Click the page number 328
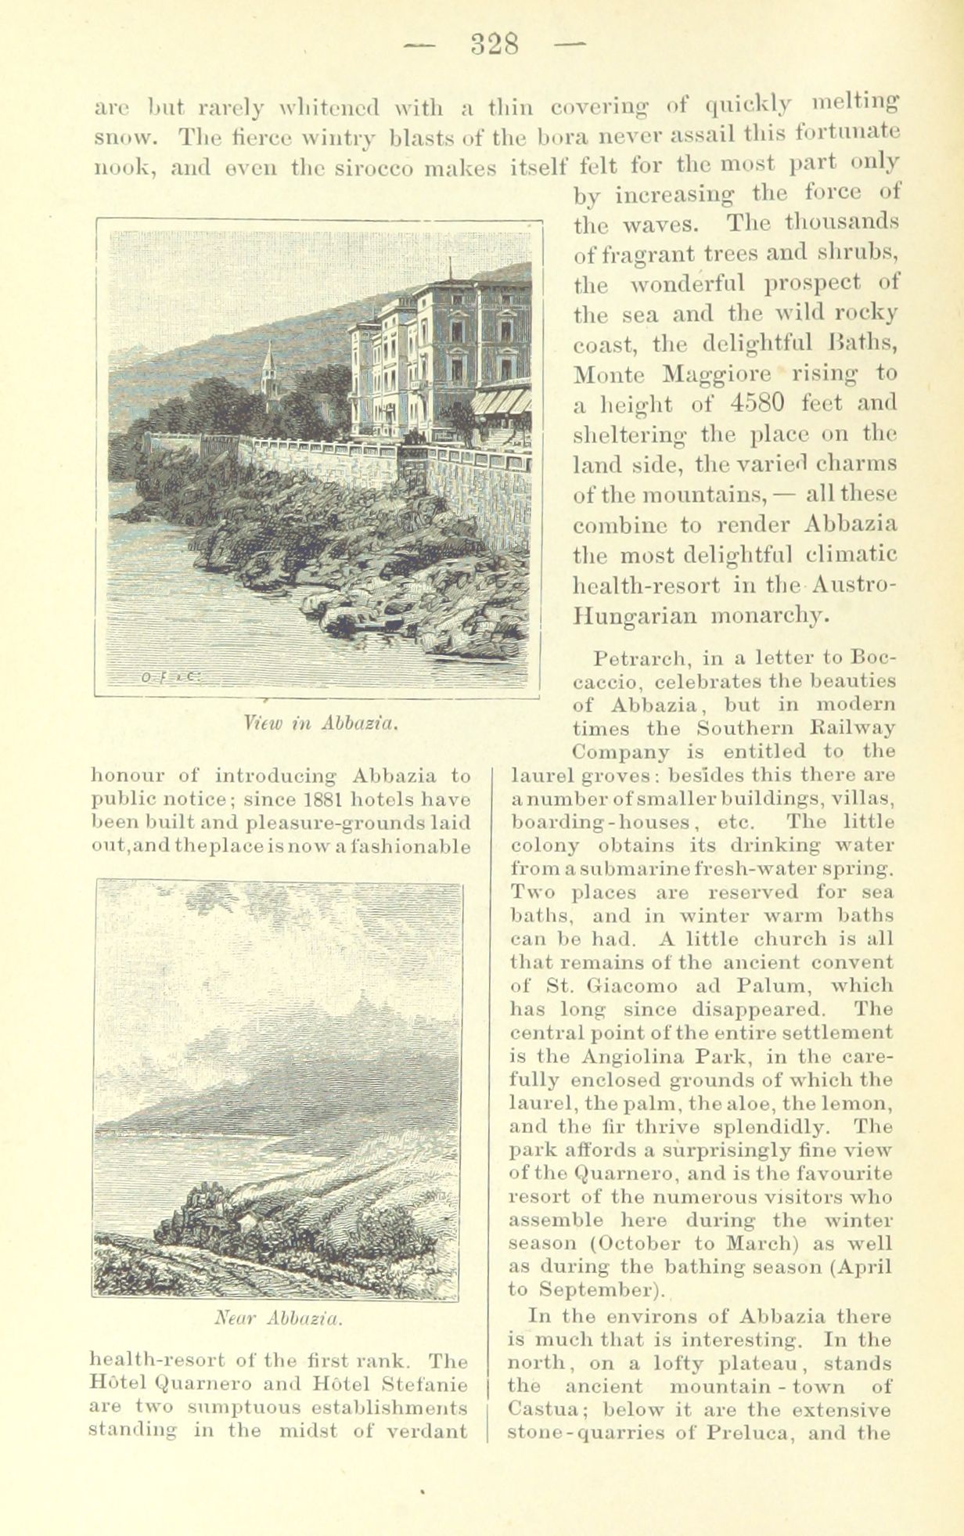(x=495, y=44)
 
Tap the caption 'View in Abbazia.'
(x=322, y=721)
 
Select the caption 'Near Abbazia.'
(x=277, y=1319)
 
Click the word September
(x=599, y=1289)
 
